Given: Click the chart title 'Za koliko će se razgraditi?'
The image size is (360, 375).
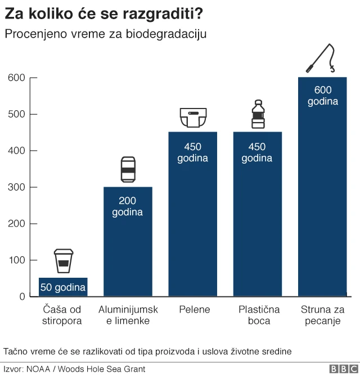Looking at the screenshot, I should click(x=104, y=13).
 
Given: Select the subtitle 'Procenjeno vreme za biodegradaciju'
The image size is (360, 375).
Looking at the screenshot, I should click(x=105, y=34).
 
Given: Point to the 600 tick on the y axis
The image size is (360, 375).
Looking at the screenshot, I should click(x=17, y=78).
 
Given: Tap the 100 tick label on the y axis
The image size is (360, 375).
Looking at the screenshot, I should click(x=17, y=260).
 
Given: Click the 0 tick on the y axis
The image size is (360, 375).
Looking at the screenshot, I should click(x=22, y=297).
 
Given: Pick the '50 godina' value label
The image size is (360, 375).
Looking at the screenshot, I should click(x=63, y=288).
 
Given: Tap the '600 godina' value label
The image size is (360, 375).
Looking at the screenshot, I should click(x=322, y=96).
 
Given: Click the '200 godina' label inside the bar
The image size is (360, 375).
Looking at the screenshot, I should click(x=128, y=206).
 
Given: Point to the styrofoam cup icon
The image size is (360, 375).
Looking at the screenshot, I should click(x=63, y=261).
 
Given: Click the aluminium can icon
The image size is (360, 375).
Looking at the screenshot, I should click(x=128, y=169).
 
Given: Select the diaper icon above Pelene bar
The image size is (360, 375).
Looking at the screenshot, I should click(x=192, y=118).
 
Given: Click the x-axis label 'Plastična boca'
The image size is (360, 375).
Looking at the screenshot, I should click(x=258, y=315).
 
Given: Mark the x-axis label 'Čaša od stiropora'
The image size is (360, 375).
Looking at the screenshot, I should click(x=62, y=315).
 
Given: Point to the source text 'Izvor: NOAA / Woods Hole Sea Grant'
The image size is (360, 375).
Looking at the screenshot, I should click(x=74, y=369).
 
